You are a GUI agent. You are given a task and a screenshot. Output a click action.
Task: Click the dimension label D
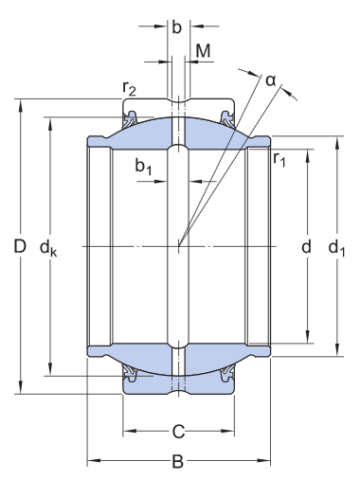point(19,247)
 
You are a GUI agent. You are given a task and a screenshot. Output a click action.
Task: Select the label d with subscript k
point(48,248)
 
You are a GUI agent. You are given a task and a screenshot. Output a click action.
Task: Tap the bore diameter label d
point(306,247)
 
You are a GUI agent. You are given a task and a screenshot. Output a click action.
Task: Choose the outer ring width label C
point(177,435)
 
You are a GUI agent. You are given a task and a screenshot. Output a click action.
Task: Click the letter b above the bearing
point(176,27)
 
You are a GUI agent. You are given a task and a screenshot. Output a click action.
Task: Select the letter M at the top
point(203,49)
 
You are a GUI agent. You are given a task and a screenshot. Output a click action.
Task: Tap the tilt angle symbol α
point(271,80)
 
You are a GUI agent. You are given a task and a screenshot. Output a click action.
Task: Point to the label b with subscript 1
point(144,168)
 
